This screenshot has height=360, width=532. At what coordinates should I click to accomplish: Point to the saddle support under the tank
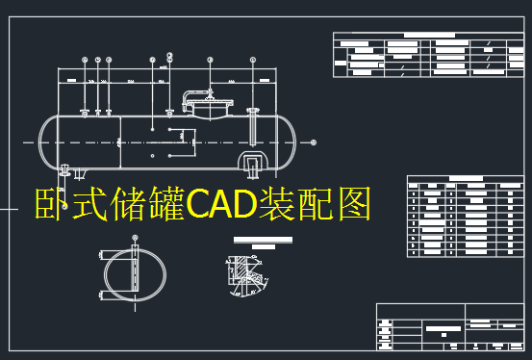pyautogui.click(x=253, y=164)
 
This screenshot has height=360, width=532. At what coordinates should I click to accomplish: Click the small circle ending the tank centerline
pyautogui.click(x=314, y=142)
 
